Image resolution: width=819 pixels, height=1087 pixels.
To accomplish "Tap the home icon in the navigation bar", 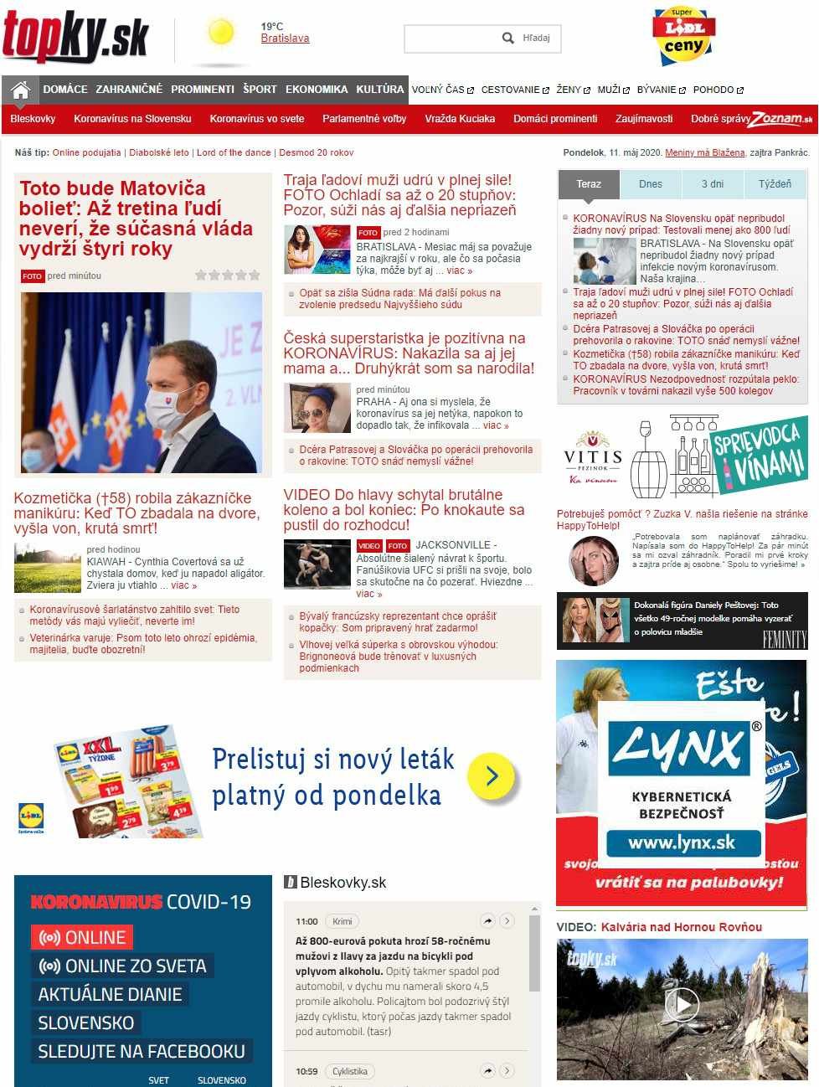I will click(x=21, y=90).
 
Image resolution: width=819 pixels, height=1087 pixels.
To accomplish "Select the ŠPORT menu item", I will click(x=260, y=90).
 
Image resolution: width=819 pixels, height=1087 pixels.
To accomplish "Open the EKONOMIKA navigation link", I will click(x=317, y=90).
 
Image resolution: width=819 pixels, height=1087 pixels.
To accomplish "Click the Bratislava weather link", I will click(x=285, y=39).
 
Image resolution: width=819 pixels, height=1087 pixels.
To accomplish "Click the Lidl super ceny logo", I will click(x=683, y=37).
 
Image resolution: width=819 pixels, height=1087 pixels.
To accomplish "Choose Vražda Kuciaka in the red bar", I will click(x=460, y=119).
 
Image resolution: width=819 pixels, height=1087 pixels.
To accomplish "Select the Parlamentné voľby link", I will click(x=364, y=119).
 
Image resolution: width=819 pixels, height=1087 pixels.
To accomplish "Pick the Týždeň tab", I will click(x=775, y=184).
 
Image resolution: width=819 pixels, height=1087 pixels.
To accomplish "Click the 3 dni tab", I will click(x=713, y=184).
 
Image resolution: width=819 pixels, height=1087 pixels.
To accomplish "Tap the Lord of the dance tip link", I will click(x=234, y=153).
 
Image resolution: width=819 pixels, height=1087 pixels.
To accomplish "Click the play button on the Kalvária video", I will click(x=682, y=1004).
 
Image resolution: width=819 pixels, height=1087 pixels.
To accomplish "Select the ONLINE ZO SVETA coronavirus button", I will click(x=122, y=966).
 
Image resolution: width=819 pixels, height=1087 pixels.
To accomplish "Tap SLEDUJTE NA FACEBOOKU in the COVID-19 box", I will click(x=142, y=1052).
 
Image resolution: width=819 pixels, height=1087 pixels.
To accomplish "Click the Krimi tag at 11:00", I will click(x=343, y=921).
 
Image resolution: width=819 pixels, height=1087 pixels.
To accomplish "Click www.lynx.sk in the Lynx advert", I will click(x=682, y=842).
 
